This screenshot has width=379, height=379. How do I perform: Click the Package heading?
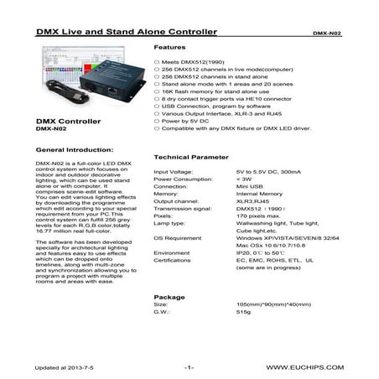tap(169, 297)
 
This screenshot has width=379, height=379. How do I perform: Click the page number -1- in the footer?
tap(189, 367)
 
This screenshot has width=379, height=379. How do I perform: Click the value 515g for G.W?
tap(244, 311)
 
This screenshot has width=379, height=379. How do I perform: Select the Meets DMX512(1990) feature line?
tap(200, 63)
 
